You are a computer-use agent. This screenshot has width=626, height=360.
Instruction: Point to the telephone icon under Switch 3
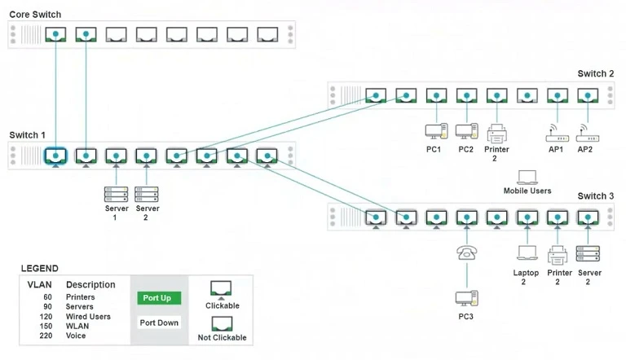pos(466,252)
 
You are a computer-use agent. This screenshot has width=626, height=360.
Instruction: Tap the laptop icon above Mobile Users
pos(527,177)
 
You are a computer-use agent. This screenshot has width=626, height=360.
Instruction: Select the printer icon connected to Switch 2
pos(497,132)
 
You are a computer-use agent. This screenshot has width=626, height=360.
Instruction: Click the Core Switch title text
pos(35,15)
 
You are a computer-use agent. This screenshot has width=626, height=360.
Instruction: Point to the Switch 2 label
pos(596,74)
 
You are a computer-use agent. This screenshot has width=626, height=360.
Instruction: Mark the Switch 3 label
pos(596,196)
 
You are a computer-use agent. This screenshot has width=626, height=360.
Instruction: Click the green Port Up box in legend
pos(156,298)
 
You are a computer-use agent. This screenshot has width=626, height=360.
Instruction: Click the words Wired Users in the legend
pos(88,316)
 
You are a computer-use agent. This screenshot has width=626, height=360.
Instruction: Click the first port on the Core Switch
pos(55,34)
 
